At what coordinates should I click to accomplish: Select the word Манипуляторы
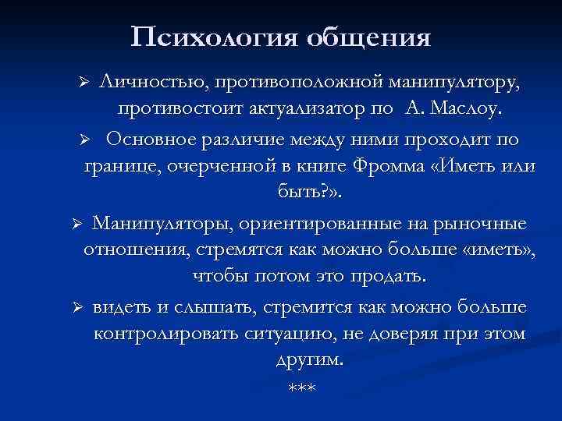coord(160,224)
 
